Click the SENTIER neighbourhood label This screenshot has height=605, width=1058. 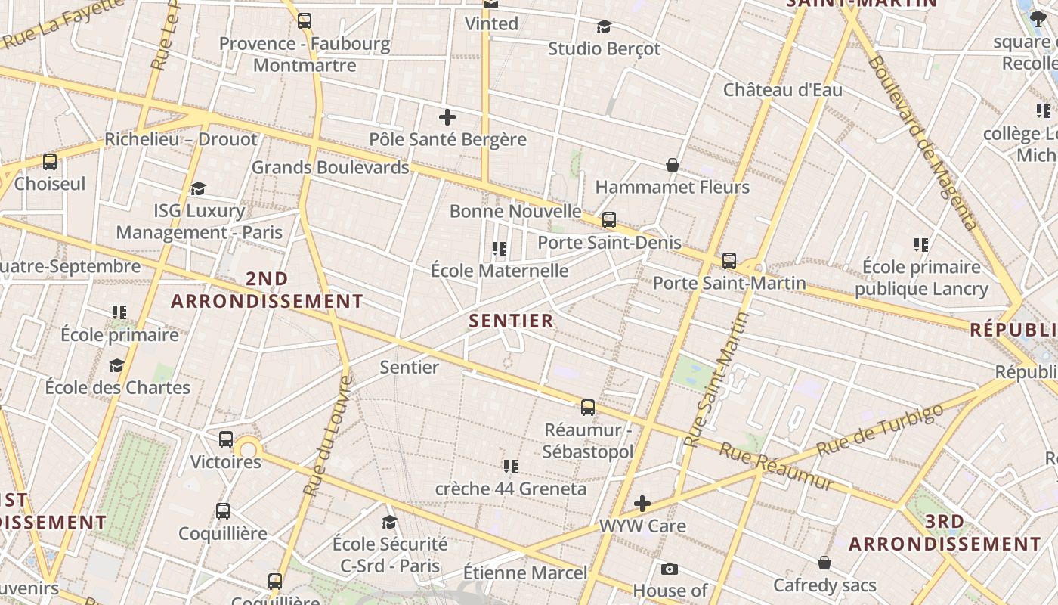pyautogui.click(x=511, y=321)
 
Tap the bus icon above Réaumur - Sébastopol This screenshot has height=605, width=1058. pyautogui.click(x=588, y=408)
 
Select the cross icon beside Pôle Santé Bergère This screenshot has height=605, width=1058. pyautogui.click(x=447, y=117)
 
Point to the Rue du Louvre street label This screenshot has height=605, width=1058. pyautogui.click(x=327, y=436)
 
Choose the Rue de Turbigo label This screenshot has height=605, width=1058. pyautogui.click(x=880, y=431)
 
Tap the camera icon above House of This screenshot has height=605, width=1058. pyautogui.click(x=669, y=569)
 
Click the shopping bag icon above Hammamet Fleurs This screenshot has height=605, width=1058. pyautogui.click(x=672, y=165)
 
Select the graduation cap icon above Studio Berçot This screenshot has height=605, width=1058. pyautogui.click(x=604, y=27)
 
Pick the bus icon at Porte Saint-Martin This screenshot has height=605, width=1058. pyautogui.click(x=729, y=261)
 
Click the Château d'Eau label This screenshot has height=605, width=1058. pyautogui.click(x=782, y=89)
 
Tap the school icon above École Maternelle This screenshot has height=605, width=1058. pyautogui.click(x=499, y=248)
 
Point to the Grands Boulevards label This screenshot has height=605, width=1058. pyautogui.click(x=330, y=167)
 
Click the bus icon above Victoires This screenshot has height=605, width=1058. pyautogui.click(x=225, y=439)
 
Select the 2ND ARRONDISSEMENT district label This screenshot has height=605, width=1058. pyautogui.click(x=267, y=290)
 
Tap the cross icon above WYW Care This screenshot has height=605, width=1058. pyautogui.click(x=642, y=504)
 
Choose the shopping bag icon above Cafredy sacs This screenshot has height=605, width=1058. pyautogui.click(x=824, y=563)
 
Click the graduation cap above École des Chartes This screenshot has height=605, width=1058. pyautogui.click(x=116, y=366)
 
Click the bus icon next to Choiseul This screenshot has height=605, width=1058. pyautogui.click(x=50, y=162)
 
